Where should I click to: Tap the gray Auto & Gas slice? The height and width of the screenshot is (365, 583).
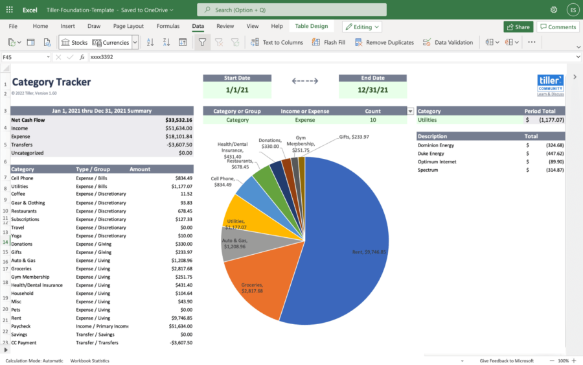pos(240,246)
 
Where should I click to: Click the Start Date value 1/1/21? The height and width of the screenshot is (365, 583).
pos(236,90)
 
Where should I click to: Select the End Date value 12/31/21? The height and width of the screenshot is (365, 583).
pos(372,90)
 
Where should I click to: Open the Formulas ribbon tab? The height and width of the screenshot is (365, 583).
pos(168,26)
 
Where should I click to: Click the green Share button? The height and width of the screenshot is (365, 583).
pos(518,27)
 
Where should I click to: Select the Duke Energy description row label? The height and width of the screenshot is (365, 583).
pos(431,154)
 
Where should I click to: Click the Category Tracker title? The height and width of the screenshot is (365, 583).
pos(51,82)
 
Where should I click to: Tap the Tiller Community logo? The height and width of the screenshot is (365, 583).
pos(550,85)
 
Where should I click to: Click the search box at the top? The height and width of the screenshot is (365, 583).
pos(291,10)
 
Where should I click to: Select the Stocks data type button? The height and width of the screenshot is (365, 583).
pos(74,42)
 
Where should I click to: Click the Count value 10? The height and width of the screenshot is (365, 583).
pos(372,120)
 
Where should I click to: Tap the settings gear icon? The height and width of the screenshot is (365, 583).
pos(554,10)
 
